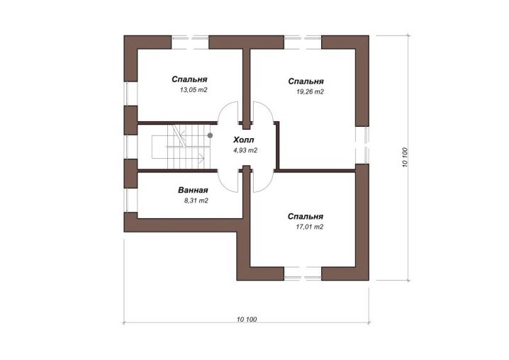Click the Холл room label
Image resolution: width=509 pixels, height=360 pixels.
click(243, 140)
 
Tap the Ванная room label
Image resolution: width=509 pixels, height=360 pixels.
click(193, 190)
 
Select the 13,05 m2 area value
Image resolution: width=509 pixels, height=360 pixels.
click(194, 90)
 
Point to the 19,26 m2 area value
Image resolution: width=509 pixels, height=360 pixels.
click(310, 91)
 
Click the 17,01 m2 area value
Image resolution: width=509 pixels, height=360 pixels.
click(309, 227)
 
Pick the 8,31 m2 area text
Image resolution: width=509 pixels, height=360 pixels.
click(196, 201)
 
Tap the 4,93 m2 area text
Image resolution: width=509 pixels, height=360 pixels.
click(245, 150)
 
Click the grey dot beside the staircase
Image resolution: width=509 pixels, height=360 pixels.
click(210, 135)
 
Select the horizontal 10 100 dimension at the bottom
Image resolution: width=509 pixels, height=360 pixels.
click(247, 319)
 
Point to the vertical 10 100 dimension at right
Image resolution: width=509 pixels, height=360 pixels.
click(405, 157)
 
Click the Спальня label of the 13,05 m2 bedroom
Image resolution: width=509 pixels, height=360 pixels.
click(189, 79)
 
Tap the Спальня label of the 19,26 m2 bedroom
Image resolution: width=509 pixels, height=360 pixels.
click(306, 81)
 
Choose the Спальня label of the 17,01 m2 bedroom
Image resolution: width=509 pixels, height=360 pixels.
click(305, 216)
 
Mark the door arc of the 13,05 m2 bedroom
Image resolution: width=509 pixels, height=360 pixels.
click(223, 110)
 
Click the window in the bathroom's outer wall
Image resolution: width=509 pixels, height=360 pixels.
click(131, 201)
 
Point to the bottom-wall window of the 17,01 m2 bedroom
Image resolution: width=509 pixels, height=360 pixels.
click(303, 274)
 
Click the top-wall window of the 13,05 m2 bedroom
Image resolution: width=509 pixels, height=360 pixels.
click(190, 43)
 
